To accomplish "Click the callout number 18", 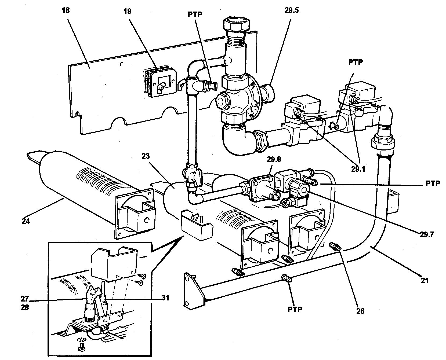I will (66, 10).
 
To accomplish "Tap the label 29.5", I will (291, 11).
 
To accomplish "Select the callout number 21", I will (424, 281).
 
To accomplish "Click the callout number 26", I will (360, 311).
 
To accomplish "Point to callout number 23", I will (146, 156).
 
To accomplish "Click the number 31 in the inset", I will (166, 298).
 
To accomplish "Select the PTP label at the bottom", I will (295, 309).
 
